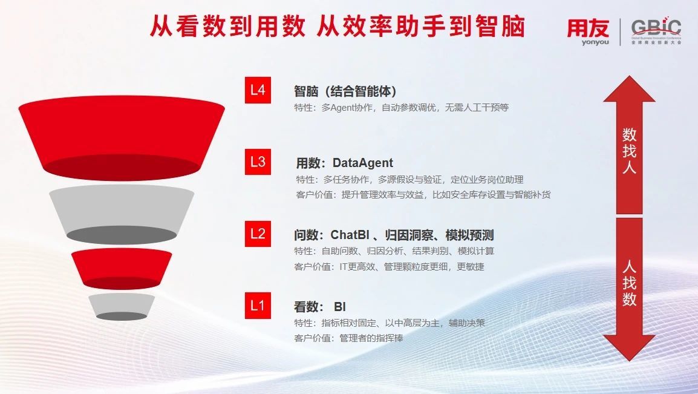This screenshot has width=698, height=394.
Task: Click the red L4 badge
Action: coord(258,90)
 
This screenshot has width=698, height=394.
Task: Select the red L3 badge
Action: coord(258,162)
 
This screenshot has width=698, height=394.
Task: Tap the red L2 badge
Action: coord(258,234)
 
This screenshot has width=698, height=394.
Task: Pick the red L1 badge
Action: coord(258,306)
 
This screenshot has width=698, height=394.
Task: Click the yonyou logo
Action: coord(588,31)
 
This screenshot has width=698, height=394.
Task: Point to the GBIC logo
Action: coord(656,31)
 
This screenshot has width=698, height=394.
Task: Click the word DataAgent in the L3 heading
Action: coord(363,163)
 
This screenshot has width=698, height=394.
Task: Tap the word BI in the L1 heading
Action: coord(340,307)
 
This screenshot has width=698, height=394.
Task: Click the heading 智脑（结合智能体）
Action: coord(345,91)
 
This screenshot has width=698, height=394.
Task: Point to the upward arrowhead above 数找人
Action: coord(629,89)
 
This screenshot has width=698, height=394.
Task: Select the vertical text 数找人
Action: coord(629,151)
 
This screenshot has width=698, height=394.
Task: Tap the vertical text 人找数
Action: coord(629,283)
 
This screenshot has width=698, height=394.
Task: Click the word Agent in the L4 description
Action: coord(343,108)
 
